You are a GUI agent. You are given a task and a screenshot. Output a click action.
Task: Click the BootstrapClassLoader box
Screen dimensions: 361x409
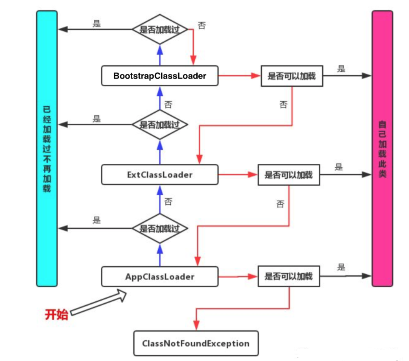(x=160, y=76)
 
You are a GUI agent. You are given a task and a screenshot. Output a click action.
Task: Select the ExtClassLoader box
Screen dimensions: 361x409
(x=160, y=174)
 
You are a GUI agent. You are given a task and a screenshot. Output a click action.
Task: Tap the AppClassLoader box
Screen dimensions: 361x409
(x=160, y=277)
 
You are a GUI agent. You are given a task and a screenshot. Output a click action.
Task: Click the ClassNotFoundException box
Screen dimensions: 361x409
(x=196, y=343)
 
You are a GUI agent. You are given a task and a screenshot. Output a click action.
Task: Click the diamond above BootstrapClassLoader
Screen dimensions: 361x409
(x=159, y=29)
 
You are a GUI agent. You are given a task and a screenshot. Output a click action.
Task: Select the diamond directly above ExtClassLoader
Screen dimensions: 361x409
(x=159, y=124)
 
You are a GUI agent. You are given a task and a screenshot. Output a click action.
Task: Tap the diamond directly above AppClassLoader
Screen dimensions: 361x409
(x=159, y=228)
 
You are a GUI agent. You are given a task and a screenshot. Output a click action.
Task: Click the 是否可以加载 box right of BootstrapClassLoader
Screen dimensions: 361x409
(x=292, y=76)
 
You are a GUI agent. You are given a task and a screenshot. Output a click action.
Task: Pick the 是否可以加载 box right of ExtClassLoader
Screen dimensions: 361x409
(x=288, y=174)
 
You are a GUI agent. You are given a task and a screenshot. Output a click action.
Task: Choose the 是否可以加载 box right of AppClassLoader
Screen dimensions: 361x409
(x=288, y=276)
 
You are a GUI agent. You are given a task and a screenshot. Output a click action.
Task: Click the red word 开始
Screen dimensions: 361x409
(x=56, y=315)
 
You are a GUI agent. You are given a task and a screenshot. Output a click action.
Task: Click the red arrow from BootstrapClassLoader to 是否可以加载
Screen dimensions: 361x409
(x=239, y=76)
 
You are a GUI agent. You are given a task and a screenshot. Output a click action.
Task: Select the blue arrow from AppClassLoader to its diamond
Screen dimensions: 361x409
(x=159, y=254)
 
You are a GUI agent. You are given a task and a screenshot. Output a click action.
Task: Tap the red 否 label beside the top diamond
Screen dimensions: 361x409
(x=202, y=26)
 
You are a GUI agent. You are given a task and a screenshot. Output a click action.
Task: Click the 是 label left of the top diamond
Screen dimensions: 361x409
(x=97, y=23)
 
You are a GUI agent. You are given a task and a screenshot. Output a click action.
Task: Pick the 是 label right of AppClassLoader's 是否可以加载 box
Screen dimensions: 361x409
(x=341, y=267)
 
